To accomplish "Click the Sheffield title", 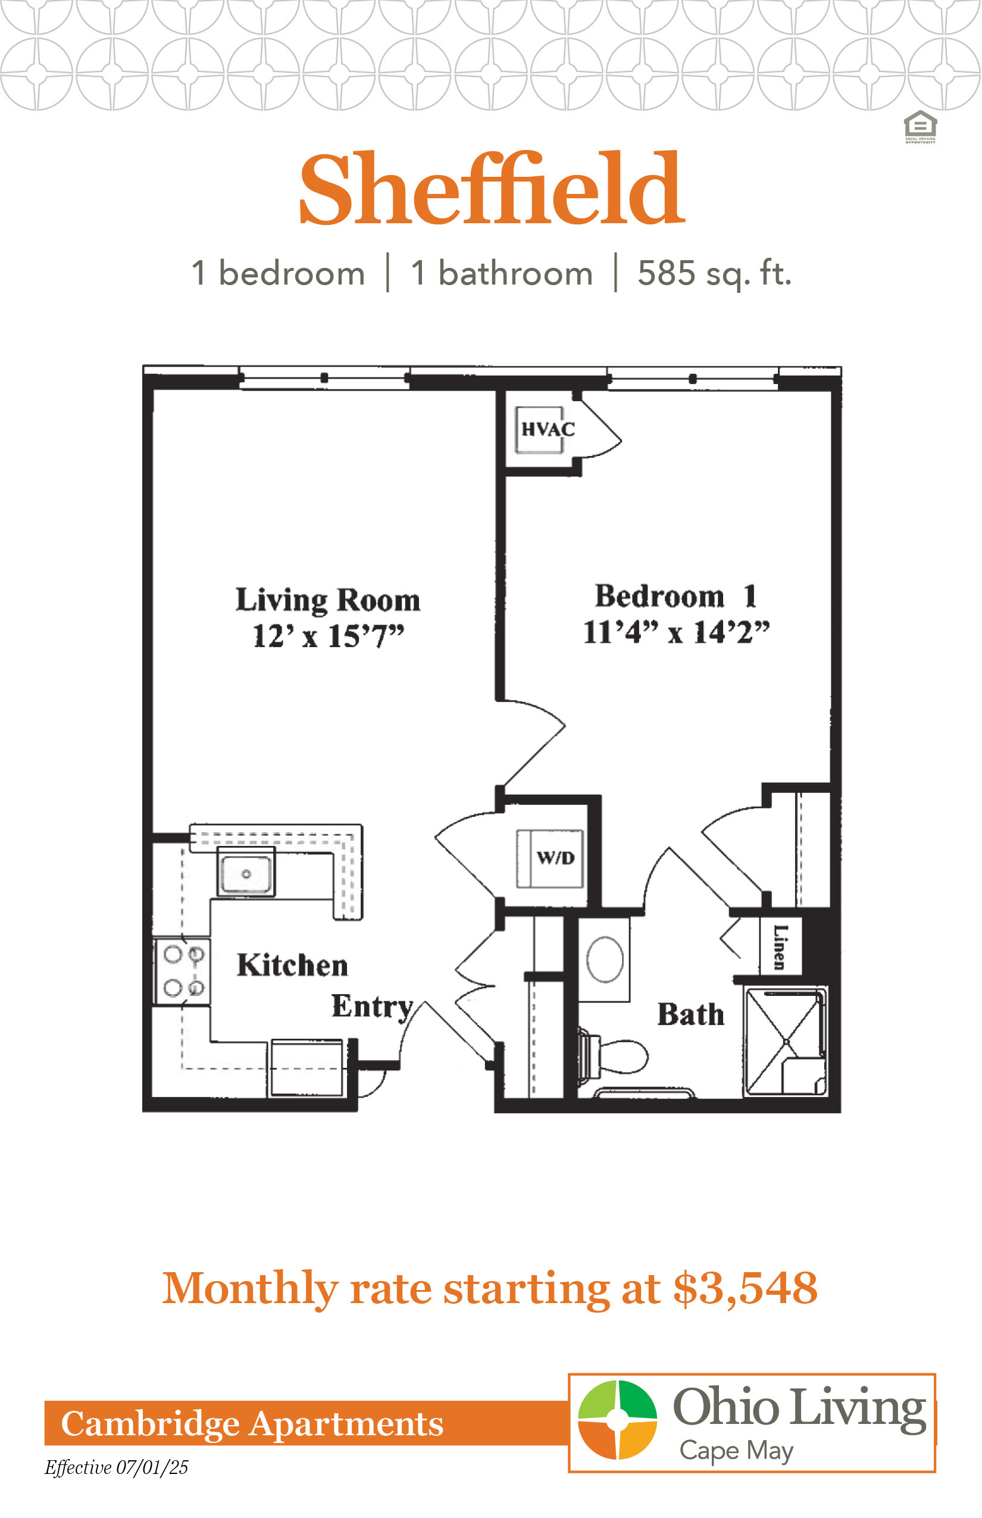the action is (x=492, y=189).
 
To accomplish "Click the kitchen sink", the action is (x=246, y=872).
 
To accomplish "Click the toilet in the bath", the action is (x=613, y=1056).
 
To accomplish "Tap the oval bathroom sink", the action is (x=605, y=959).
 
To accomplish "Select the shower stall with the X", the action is (x=786, y=1042).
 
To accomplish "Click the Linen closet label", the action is (x=779, y=947).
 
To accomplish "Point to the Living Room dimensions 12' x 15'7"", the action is (x=329, y=636).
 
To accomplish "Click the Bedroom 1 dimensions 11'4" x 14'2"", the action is (x=677, y=633).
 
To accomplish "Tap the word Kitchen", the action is (x=293, y=966).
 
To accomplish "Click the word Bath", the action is (x=691, y=1015).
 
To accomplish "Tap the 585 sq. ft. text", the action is (x=715, y=274).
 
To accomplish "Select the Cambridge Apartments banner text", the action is (x=252, y=1423).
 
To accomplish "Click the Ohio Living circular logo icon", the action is (x=617, y=1420).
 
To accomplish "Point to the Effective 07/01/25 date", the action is (x=116, y=1467).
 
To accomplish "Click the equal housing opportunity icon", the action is (x=920, y=127).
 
